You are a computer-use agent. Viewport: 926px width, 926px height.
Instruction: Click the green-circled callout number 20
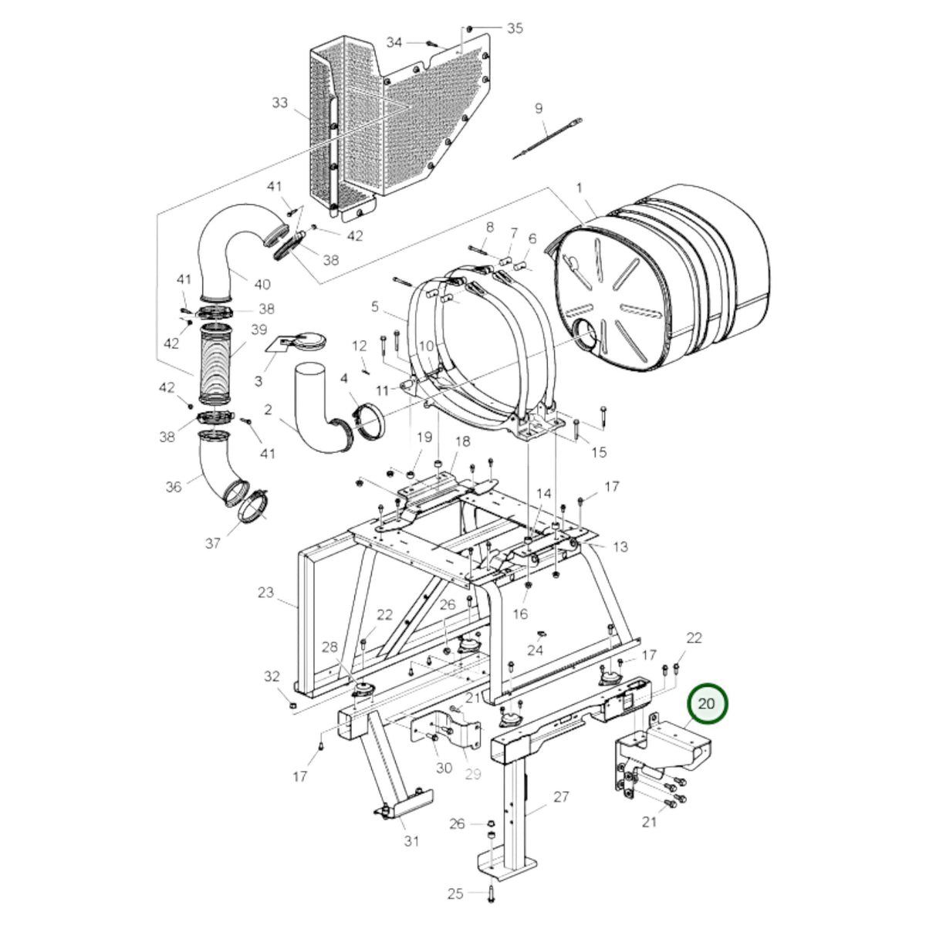pyautogui.click(x=706, y=705)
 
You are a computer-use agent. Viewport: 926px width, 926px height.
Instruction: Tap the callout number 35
pyautogui.click(x=515, y=29)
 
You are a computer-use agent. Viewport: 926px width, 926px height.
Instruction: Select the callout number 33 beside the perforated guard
pyautogui.click(x=279, y=103)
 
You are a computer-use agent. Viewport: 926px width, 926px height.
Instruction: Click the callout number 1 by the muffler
pyautogui.click(x=579, y=188)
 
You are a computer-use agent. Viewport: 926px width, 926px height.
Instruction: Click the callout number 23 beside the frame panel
pyautogui.click(x=265, y=593)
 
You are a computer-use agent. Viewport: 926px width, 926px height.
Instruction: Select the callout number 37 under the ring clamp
pyautogui.click(x=212, y=543)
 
